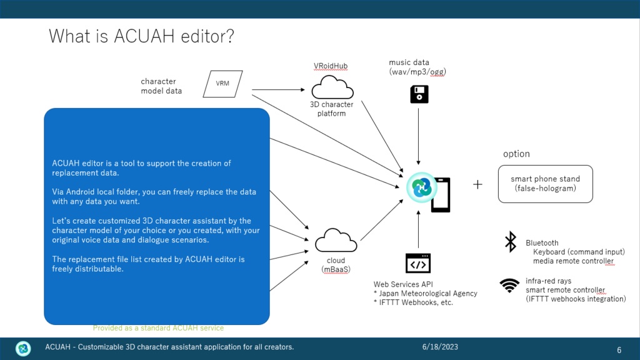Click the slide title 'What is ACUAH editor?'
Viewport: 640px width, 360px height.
coord(141,36)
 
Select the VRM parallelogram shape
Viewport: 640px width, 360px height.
coord(222,84)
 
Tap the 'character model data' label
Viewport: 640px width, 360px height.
coord(161,86)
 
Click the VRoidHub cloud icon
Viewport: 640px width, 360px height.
coord(332,87)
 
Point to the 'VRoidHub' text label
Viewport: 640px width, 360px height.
coord(331,66)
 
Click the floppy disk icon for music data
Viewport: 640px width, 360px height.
coord(419,94)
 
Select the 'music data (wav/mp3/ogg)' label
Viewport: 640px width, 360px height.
coord(417,67)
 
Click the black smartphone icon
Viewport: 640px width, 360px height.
coord(441,195)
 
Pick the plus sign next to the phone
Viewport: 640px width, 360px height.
coord(477,184)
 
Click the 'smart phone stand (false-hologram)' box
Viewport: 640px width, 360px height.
coord(545,184)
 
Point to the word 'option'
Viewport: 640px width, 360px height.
coord(516,154)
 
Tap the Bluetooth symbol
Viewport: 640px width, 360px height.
coord(511,242)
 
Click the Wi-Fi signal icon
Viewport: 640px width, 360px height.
coord(509,286)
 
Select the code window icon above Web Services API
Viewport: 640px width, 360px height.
coord(418,264)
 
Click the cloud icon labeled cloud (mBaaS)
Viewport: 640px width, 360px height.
coord(336,241)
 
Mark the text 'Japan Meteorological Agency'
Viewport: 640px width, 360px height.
coord(428,294)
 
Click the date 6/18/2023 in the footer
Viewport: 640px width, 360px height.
coord(440,347)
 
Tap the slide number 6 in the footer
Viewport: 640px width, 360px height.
coord(619,350)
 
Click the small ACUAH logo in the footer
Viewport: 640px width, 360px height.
coord(23,348)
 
